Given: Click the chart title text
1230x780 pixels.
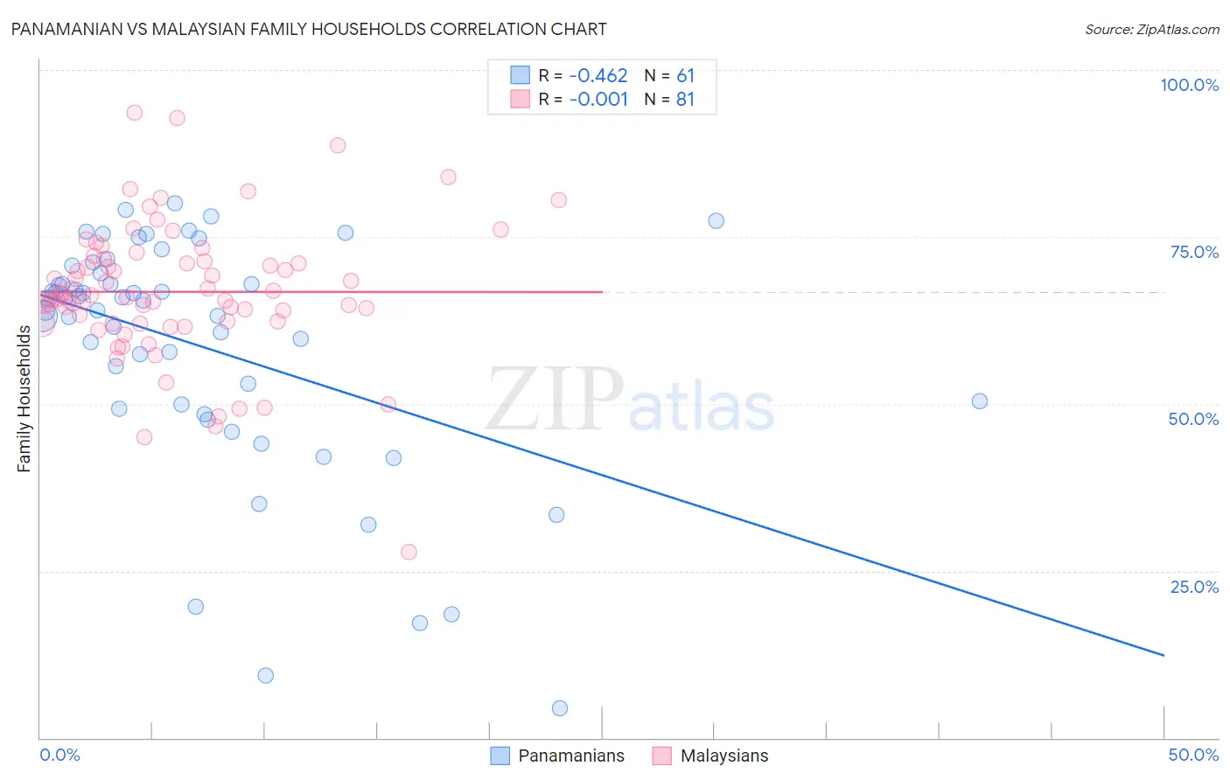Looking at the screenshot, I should tap(308, 29).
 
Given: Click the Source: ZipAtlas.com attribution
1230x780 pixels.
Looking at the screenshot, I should tap(1151, 30).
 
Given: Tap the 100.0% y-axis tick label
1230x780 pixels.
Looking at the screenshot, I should tap(1189, 85).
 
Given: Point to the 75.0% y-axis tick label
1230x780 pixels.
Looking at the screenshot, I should tap(1194, 252).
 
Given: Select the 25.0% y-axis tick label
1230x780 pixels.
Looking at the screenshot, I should tap(1194, 586).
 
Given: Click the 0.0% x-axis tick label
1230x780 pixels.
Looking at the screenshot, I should tap(59, 755).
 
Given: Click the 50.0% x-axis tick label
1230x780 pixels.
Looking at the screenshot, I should tap(1193, 755).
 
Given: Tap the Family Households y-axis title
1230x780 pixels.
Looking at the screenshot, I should tap(24, 399).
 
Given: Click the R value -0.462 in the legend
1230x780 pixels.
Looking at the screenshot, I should tap(598, 75).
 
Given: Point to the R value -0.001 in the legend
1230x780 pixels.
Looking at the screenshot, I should tap(598, 99).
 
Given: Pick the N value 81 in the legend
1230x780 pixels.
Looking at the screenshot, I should tap(685, 99).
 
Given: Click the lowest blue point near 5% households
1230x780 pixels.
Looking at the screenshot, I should tap(560, 708).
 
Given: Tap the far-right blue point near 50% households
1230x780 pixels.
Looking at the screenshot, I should tap(980, 401).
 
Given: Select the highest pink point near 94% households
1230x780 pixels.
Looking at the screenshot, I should tap(135, 113).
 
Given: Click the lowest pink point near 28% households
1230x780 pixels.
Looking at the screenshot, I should tap(409, 552).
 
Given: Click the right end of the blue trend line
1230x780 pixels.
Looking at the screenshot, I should tap(1164, 655).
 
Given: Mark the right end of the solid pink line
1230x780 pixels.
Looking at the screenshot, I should tap(602, 292).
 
